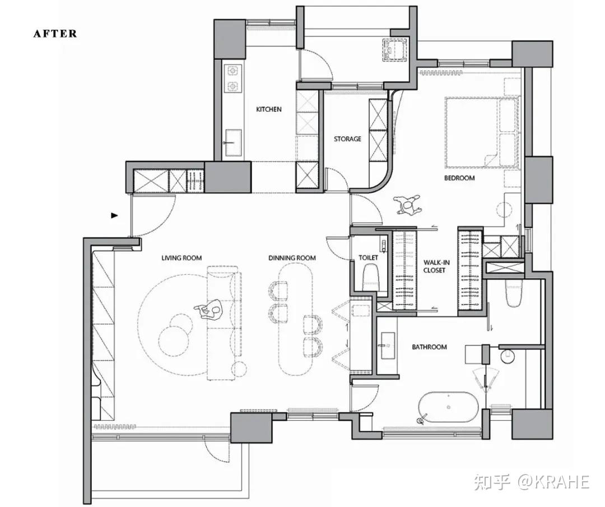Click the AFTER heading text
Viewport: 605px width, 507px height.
tap(55, 34)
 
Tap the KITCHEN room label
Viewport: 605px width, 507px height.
tap(269, 109)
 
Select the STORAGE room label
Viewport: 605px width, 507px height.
tap(348, 139)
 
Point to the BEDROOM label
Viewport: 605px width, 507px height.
tap(459, 178)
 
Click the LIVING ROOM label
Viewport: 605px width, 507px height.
tap(182, 258)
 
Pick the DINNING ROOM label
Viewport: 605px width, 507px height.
tap(292, 258)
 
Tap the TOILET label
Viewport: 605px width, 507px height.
tap(369, 258)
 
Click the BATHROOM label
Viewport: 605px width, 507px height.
tap(430, 347)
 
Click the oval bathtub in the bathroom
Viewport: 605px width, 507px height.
tap(448, 407)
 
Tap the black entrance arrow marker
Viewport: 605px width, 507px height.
tap(114, 215)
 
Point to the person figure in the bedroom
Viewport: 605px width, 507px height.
tap(407, 204)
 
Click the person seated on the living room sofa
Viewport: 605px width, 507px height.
tap(209, 310)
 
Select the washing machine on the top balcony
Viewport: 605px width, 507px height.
tap(395, 49)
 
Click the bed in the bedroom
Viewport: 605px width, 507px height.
tap(482, 132)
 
